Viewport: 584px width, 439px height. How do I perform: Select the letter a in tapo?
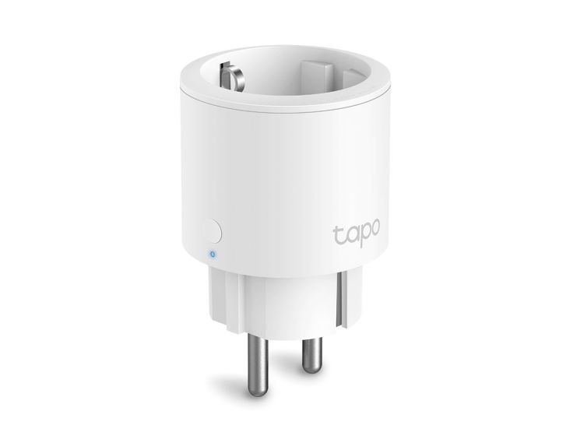(x=350, y=234)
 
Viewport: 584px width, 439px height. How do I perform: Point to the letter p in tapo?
(x=364, y=236)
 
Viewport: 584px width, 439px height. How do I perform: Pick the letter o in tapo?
(x=376, y=234)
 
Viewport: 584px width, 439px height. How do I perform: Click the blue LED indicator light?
(x=211, y=253)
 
